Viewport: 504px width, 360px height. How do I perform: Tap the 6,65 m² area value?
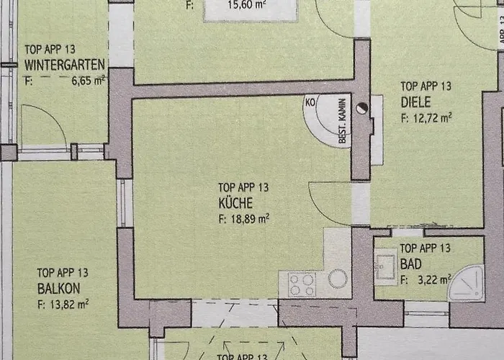(x=88, y=81)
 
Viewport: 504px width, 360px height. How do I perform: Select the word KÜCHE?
(x=235, y=202)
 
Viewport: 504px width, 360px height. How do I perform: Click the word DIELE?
(x=415, y=102)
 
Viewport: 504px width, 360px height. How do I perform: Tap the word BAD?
(x=411, y=264)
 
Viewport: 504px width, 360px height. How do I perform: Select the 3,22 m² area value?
(x=431, y=279)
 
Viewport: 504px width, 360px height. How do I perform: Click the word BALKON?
(x=58, y=289)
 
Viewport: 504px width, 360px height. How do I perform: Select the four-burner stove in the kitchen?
(x=302, y=284)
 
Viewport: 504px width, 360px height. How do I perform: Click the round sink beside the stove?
(x=337, y=279)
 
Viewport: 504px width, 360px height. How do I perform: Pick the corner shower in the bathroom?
(x=466, y=282)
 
